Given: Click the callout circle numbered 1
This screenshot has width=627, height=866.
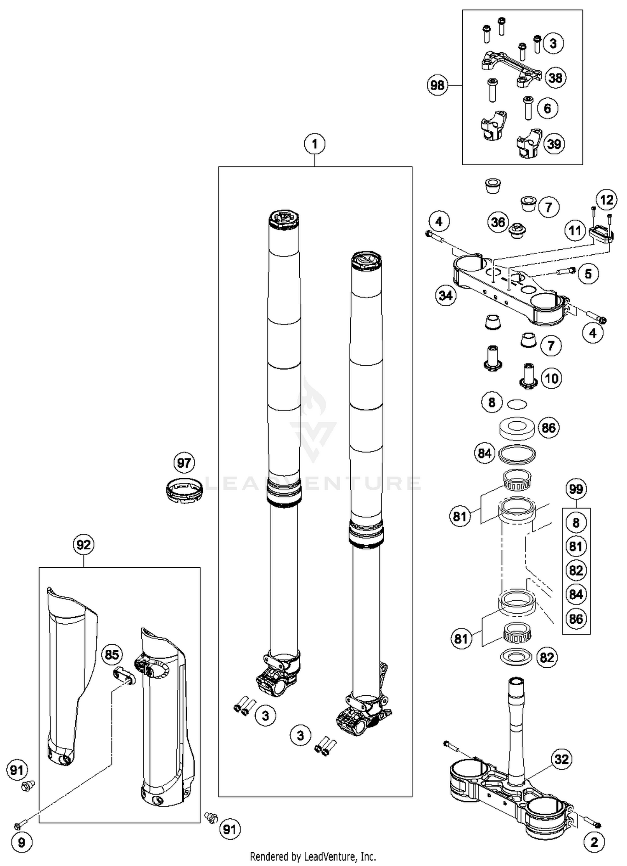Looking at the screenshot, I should [x=315, y=144].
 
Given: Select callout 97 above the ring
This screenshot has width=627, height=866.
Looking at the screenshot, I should [x=184, y=463].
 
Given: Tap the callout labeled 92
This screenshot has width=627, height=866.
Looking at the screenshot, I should [x=84, y=545].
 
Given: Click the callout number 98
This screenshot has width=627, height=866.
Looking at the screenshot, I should [x=437, y=85].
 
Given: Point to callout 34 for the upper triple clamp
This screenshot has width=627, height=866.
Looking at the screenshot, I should [x=446, y=296].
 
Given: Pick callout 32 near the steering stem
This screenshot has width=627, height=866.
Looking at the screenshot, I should [x=561, y=759].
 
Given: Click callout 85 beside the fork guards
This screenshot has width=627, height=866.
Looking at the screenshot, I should [x=112, y=654].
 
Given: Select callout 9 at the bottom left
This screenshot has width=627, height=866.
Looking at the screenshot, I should [x=21, y=843].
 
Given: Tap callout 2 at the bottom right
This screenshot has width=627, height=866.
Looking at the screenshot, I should [x=594, y=842].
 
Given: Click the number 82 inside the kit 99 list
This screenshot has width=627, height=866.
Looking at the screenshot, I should [x=576, y=570].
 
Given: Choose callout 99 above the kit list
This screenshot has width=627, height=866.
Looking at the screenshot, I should [x=576, y=489].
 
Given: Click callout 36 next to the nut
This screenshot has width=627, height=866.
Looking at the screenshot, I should [x=498, y=222].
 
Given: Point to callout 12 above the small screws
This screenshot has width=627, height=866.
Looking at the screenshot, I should [x=607, y=200].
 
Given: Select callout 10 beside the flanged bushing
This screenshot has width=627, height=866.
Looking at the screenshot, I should [x=552, y=379].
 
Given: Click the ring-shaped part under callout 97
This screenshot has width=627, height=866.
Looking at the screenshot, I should [x=184, y=489].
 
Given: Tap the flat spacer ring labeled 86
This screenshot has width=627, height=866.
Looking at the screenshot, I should [x=517, y=428].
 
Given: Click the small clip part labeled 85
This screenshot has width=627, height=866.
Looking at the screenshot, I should [x=125, y=676].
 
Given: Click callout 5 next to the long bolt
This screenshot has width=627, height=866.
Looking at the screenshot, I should [x=588, y=274].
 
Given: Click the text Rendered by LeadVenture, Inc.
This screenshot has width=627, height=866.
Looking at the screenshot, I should [x=313, y=856].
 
